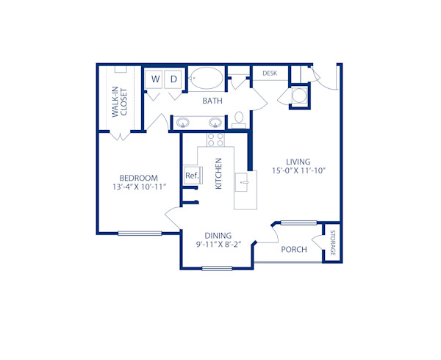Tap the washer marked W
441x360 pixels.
click(156, 79)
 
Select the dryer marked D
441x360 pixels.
click(174, 79)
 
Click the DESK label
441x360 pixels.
click(270, 73)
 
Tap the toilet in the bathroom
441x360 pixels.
click(240, 119)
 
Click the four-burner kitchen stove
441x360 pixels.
click(215, 139)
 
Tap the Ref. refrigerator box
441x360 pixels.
click(191, 175)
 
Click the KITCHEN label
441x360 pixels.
click(218, 174)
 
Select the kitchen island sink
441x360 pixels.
click(244, 179)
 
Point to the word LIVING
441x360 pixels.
click(298, 162)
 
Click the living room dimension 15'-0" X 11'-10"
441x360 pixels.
click(298, 171)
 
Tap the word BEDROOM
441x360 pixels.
click(139, 179)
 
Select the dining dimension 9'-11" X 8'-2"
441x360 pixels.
click(218, 245)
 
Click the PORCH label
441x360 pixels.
click(293, 250)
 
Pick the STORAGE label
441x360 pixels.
click(332, 243)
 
